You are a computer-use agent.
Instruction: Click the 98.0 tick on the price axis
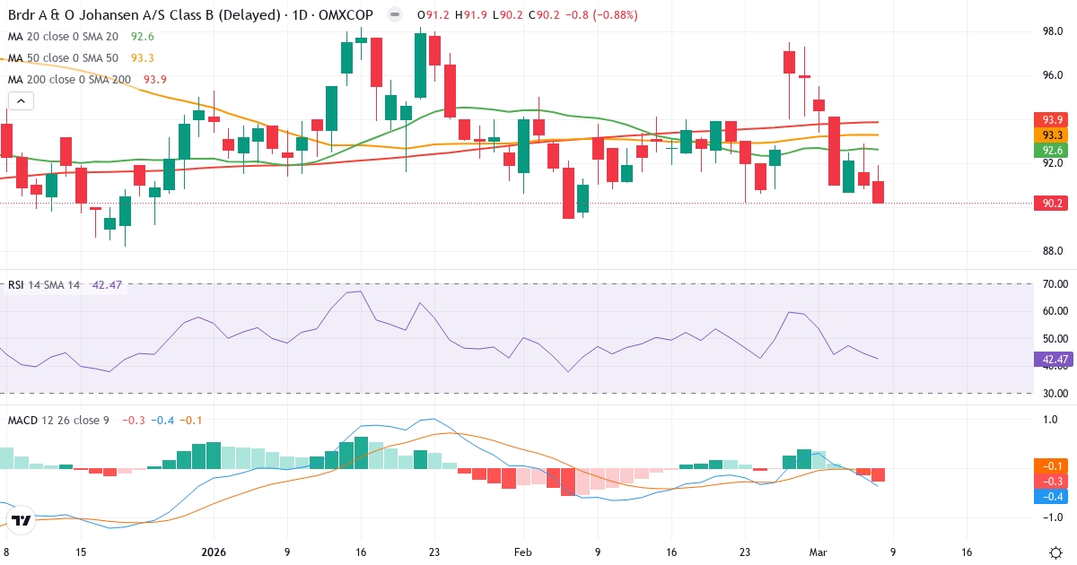click(x=1052, y=31)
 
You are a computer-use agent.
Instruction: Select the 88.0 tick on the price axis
click(x=1052, y=251)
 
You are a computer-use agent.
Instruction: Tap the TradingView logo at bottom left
click(x=22, y=520)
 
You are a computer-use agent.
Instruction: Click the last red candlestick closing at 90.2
click(x=878, y=192)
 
